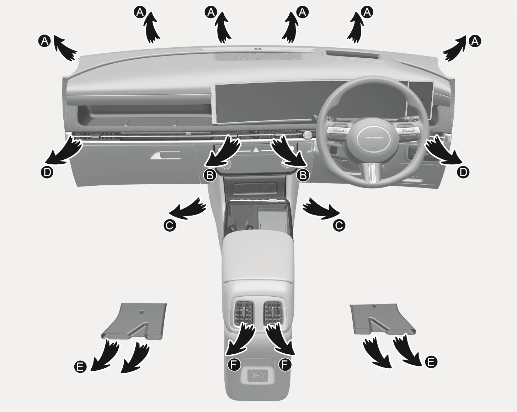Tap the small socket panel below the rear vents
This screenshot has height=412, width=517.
click(257, 375)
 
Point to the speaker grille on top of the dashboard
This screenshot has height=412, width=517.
click(258, 57)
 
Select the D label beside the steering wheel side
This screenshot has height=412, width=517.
click(463, 172)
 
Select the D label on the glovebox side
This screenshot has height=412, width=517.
click(47, 172)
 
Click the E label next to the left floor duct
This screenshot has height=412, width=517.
click(80, 366)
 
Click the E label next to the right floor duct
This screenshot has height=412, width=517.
click(430, 362)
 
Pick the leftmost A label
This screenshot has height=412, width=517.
click(44, 41)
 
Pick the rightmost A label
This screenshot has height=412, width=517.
click(475, 41)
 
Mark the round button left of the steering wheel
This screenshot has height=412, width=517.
click(307, 134)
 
